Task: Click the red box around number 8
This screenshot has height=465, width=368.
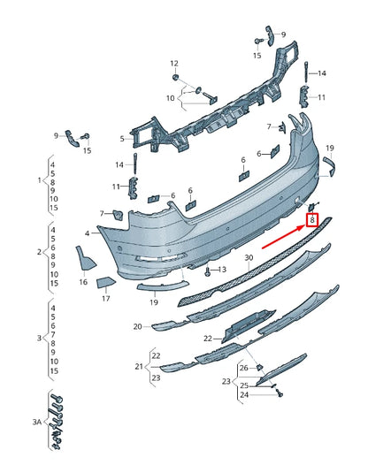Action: [312, 220]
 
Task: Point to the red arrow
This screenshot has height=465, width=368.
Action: [284, 237]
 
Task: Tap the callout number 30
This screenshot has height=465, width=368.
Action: [249, 258]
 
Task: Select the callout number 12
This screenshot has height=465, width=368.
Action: [174, 63]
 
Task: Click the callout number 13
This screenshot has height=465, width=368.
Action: [222, 270]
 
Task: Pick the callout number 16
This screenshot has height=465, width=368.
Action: [83, 282]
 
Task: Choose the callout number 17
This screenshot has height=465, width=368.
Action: [106, 298]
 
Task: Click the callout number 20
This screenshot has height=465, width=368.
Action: [138, 326]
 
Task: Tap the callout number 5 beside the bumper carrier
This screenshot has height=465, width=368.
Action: [122, 139]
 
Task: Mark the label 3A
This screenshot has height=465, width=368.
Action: [37, 422]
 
